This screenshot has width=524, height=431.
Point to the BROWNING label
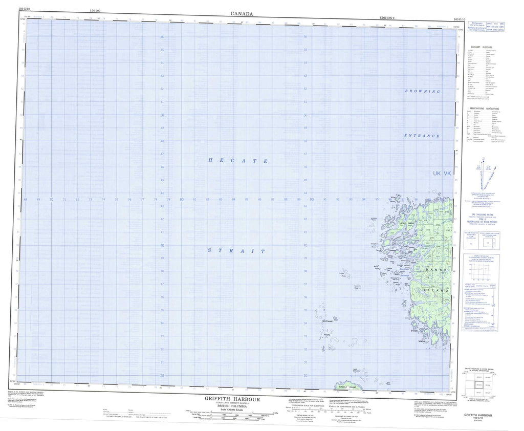pos(422,91)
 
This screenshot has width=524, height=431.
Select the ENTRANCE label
pos(422,136)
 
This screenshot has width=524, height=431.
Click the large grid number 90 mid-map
pos(312,199)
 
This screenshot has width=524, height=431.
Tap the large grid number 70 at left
pos(52,199)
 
